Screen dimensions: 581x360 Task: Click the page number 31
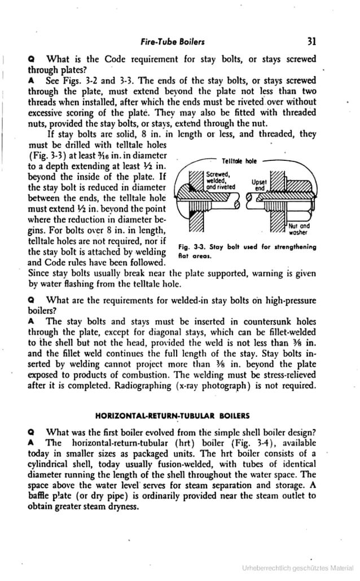[x=311, y=41]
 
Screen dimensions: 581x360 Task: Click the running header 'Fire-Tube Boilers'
[x=173, y=42]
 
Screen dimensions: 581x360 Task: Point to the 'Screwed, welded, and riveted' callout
[x=221, y=179]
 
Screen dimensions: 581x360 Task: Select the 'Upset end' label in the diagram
[x=259, y=186]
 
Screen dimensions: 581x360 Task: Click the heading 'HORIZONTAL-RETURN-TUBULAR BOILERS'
[x=172, y=416]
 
